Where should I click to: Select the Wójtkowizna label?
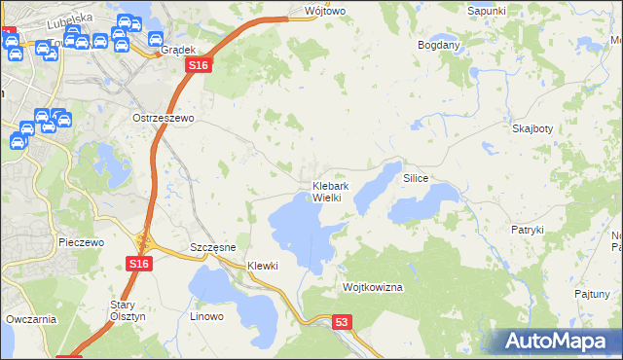372,288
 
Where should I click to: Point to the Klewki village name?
263,266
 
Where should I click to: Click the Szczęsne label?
213,248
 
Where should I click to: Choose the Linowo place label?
206,316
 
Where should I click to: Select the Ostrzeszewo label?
164,117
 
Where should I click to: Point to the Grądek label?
179,49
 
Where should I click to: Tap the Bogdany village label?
438,45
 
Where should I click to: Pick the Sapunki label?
486,10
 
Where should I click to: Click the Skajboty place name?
532,128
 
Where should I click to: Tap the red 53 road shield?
341,321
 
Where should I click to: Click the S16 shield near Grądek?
198,64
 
